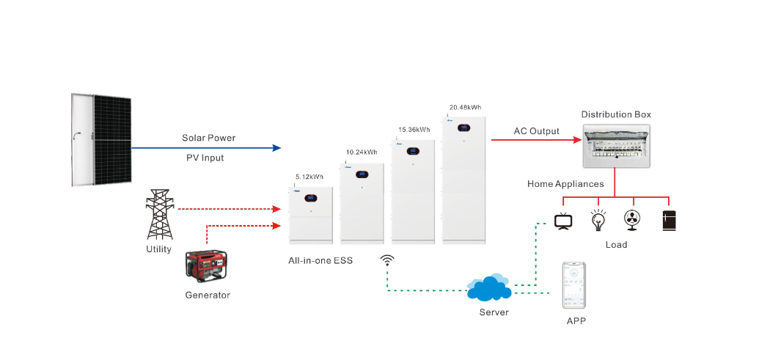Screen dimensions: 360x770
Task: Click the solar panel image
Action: (x=102, y=139)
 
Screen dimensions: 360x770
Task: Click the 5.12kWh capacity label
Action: (x=309, y=177)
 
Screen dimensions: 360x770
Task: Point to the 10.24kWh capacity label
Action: (x=362, y=153)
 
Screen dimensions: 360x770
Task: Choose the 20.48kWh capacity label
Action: (x=465, y=107)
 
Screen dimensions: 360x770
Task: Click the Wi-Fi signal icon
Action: (x=386, y=260)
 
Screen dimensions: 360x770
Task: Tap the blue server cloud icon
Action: (x=488, y=289)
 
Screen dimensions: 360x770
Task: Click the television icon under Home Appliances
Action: (x=563, y=221)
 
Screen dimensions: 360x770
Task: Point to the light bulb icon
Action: (x=598, y=220)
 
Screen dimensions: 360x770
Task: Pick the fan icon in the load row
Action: (x=633, y=220)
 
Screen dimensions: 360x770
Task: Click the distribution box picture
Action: (x=615, y=146)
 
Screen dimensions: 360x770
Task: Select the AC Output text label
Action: (x=536, y=131)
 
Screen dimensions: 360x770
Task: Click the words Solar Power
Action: (x=209, y=138)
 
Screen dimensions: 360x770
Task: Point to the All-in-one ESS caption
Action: (x=321, y=260)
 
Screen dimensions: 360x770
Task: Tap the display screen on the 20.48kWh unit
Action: (x=465, y=128)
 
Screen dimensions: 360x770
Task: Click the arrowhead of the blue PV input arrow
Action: (x=277, y=147)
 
